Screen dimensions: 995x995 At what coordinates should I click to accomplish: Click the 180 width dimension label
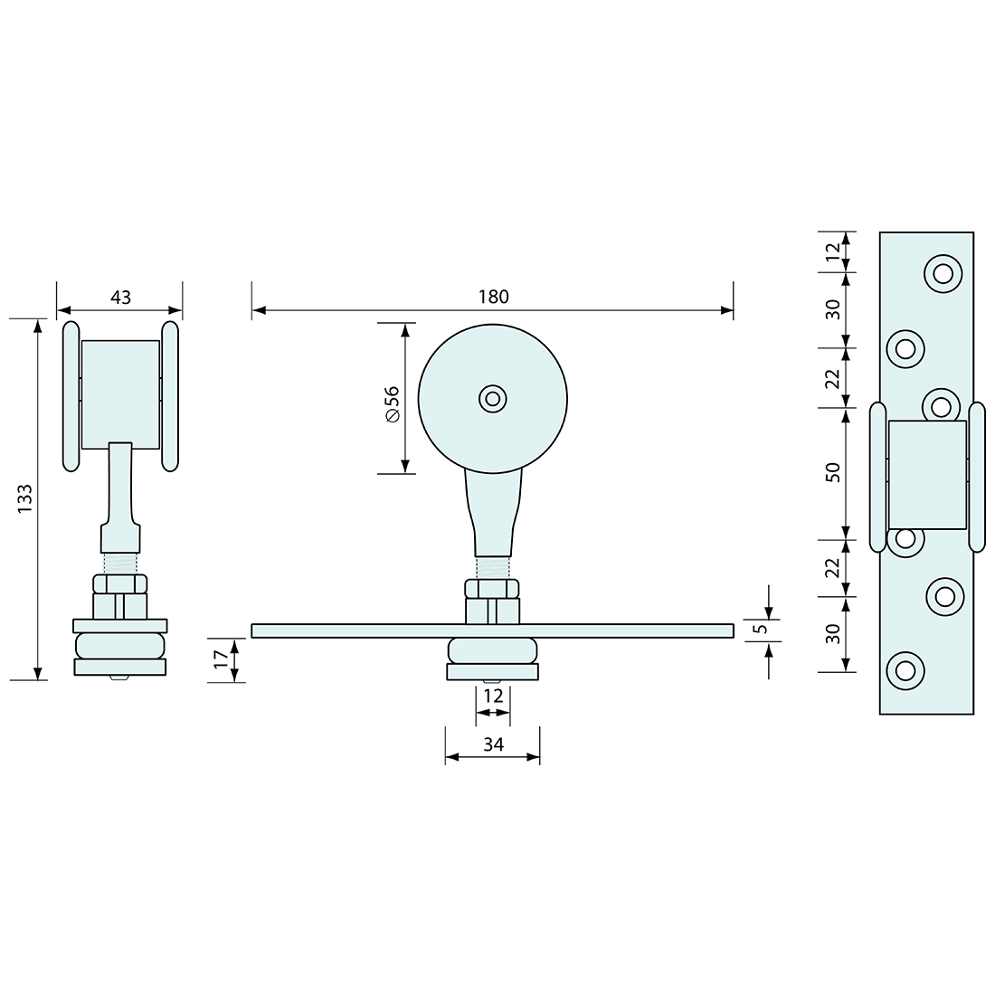(493, 297)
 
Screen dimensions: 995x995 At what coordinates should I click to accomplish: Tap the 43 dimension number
(120, 297)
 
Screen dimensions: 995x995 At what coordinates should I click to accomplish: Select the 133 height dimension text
(24, 498)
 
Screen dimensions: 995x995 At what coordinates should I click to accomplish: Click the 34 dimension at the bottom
(493, 744)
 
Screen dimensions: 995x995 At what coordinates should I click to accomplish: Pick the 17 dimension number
(220, 659)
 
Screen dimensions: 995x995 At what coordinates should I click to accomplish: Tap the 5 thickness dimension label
(763, 629)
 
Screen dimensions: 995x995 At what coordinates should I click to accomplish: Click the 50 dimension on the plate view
(832, 473)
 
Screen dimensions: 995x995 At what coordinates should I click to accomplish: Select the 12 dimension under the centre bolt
(493, 696)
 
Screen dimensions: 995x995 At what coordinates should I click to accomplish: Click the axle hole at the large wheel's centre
(492, 399)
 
